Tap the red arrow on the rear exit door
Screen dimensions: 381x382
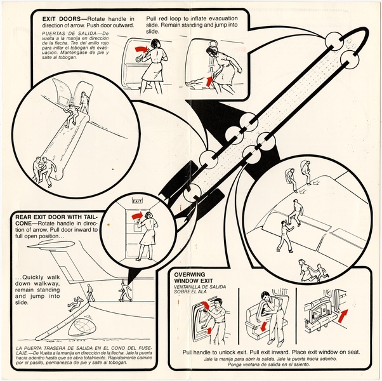[x=135, y=217]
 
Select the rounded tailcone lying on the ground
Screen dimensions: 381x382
[x=83, y=328]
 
